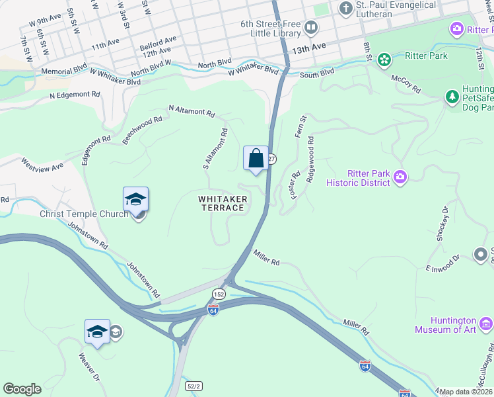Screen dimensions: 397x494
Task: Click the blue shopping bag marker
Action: pos(256,159)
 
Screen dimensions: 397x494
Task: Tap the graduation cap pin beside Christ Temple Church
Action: pos(135,200)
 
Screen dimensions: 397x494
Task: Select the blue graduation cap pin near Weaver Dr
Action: pos(97,331)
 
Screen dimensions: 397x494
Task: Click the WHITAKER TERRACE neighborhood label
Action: pos(223,203)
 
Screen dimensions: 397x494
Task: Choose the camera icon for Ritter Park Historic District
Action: pos(400,177)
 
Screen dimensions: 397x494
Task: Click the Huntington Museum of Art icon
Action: pos(486,324)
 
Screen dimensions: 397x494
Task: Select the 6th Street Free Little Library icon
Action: pos(310,28)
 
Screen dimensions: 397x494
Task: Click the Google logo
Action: pos(22,389)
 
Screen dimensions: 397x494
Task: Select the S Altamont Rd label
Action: pos(215,148)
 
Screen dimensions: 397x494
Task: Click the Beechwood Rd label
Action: pos(142,130)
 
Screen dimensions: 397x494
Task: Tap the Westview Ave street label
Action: pos(42,165)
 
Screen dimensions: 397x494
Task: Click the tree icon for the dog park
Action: pos(452,97)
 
